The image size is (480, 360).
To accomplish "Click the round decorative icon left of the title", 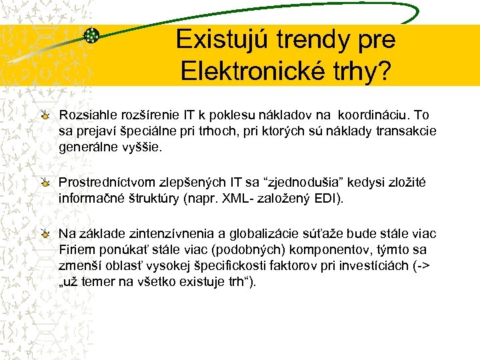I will coord(92,35).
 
